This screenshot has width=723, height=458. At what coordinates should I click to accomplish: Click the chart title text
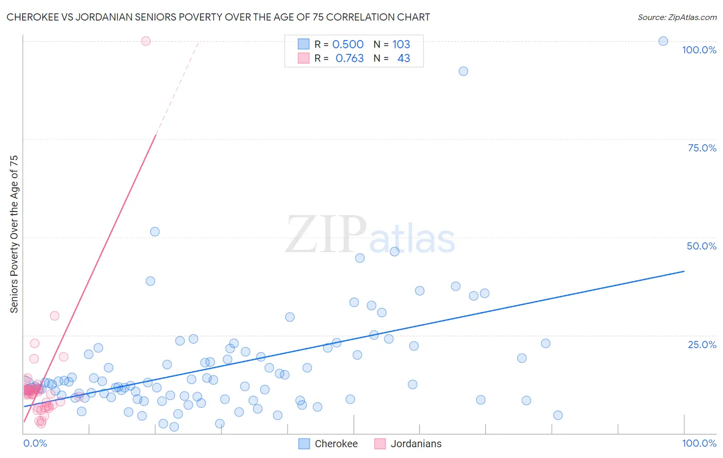coord(218,17)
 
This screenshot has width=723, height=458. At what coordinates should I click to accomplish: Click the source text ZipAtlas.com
coord(677,17)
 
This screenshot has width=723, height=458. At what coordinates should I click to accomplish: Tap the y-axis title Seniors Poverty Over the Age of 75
coord(14,234)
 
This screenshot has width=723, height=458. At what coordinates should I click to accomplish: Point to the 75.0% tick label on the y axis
coord(702,148)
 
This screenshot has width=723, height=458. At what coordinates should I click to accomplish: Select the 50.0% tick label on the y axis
coord(701,246)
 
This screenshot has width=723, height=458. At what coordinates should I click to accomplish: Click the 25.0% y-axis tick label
coord(702,345)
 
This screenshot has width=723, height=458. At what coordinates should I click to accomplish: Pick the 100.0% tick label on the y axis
coord(699,50)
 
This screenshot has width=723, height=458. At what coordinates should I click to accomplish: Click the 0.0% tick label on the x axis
coord(35,443)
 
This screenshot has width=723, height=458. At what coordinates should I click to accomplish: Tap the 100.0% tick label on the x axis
coord(699,443)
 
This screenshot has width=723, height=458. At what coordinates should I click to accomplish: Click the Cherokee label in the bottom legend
coord(336,444)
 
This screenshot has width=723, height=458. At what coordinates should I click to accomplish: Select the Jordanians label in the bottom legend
coord(415,444)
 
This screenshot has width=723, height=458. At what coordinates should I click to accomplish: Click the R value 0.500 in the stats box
coord(348,44)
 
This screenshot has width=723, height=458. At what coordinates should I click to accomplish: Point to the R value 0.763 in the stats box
coord(350,59)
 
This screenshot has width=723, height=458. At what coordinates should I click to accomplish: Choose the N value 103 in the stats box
coord(401,44)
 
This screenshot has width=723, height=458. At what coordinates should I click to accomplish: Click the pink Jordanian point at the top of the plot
coord(146,41)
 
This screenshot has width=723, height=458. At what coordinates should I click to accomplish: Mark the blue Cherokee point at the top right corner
coord(663,41)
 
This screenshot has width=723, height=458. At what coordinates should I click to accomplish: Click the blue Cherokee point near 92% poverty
coord(463,71)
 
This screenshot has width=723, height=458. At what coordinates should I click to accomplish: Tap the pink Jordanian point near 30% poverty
coord(55,316)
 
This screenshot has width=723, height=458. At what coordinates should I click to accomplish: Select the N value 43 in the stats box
coord(404,59)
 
